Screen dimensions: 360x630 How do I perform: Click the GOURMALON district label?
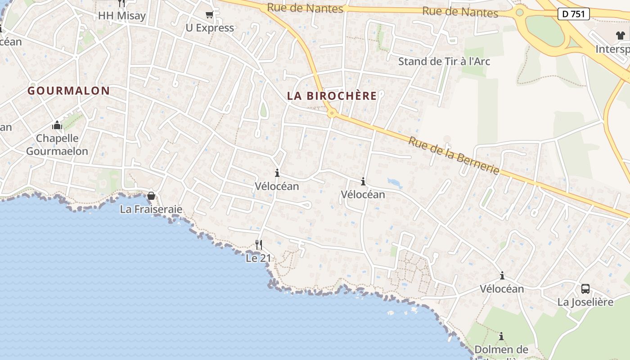[68, 90]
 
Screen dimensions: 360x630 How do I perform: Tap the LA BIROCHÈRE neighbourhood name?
[332, 96]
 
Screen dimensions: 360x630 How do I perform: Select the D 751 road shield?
[574, 14]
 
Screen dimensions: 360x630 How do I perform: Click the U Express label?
[210, 28]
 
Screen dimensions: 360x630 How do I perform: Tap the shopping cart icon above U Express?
[209, 15]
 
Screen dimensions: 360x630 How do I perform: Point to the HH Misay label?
[122, 16]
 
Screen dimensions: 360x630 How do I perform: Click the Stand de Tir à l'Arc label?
[444, 61]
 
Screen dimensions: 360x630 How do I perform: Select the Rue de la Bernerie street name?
[454, 156]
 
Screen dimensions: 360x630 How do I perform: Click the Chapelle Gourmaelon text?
[57, 144]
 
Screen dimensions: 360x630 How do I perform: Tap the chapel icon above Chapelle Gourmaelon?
[57, 125]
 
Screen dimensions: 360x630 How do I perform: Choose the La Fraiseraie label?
[151, 209]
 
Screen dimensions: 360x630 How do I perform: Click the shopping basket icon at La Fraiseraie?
[151, 196]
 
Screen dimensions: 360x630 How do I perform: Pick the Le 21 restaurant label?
[258, 258]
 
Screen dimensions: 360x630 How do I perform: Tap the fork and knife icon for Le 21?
[259, 245]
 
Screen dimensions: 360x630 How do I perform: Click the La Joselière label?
[585, 302]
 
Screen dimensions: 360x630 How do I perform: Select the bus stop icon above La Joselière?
[585, 289]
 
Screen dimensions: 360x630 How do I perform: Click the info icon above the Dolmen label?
[501, 336]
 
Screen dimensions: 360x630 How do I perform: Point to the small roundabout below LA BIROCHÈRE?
[332, 113]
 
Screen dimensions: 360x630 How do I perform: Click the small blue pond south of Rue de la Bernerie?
[395, 182]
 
